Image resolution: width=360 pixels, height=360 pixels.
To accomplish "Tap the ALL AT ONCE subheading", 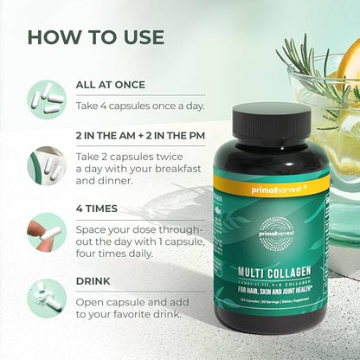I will (x=110, y=85).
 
